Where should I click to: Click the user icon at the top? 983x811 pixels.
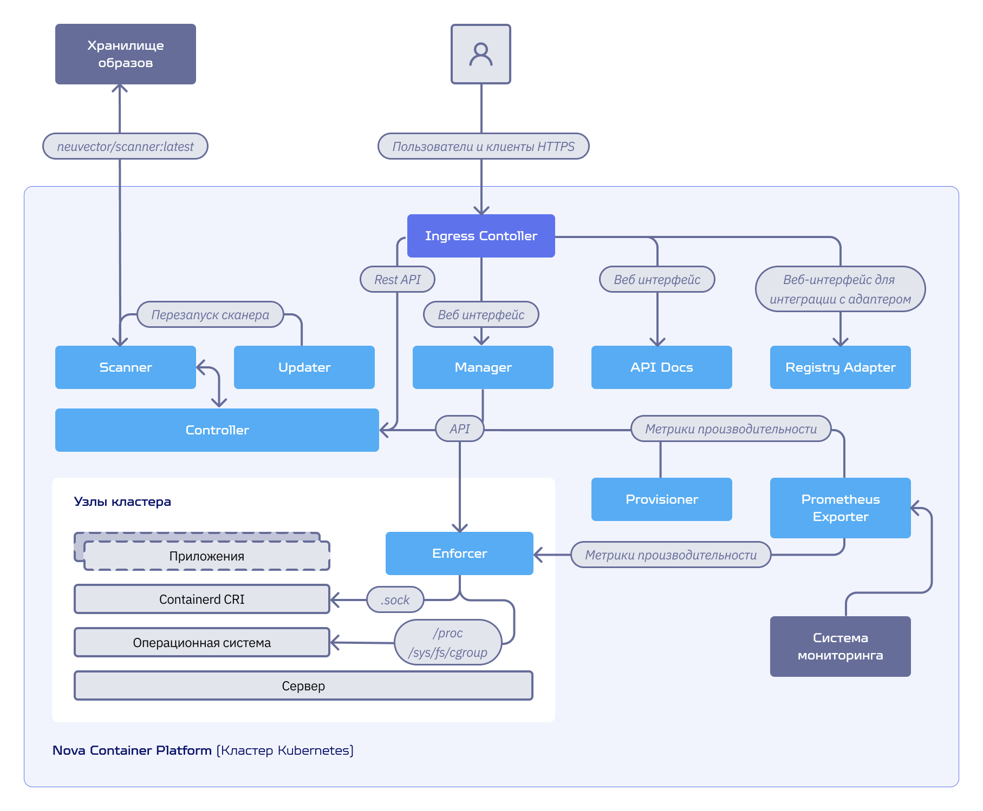coord(481,54)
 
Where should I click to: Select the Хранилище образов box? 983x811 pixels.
coord(126,54)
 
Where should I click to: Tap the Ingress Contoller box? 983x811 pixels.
coord(481,236)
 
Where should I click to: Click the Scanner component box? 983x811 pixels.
coord(126,367)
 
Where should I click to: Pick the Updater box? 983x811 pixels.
coord(304,367)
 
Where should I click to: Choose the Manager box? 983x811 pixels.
coord(483,367)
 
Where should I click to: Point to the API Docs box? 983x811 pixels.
coord(662,367)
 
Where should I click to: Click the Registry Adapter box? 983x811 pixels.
coord(841,367)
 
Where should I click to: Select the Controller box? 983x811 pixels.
coord(217,430)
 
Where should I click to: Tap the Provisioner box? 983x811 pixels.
coord(662,499)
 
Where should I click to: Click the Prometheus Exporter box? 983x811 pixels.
coord(841,508)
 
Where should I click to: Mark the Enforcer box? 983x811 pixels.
coord(459,553)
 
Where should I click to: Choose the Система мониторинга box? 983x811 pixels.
coord(841,647)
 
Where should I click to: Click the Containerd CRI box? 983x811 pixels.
coord(202,599)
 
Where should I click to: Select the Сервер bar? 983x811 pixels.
coord(303,685)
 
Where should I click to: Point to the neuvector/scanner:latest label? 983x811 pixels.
coord(125,146)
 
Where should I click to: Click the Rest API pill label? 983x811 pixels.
coord(398,279)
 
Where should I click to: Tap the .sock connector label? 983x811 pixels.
coord(395,599)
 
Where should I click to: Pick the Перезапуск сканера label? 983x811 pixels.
coord(210,314)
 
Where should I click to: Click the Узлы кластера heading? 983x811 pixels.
coord(122,502)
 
